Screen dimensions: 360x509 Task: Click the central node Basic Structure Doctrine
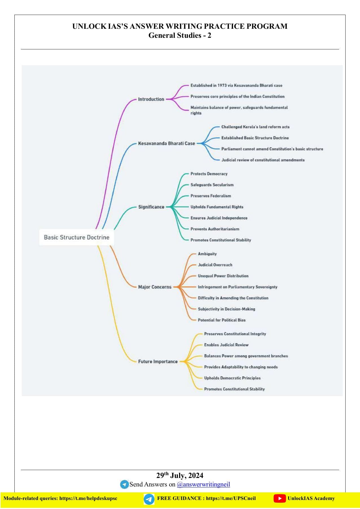pos(77,237)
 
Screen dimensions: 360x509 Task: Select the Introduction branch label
pos(151,99)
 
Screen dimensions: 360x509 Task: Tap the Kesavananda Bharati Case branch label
pos(167,143)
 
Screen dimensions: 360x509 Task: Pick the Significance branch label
pos(151,207)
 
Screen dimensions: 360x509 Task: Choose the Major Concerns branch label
pos(155,287)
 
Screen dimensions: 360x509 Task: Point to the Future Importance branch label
pos(158,361)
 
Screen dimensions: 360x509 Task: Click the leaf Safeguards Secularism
pos(212,185)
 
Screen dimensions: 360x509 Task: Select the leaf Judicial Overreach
pos(215,265)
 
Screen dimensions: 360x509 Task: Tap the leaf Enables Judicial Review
pos(226,345)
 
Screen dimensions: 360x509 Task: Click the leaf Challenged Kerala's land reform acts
pos(256,127)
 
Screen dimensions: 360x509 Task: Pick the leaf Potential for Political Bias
pos(222,320)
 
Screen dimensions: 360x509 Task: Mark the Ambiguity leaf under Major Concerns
pos(207,254)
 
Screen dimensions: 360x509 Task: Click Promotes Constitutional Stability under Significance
pos(221,240)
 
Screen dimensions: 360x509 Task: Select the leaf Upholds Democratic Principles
pos(232,378)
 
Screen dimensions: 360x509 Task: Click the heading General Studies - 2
pos(180,35)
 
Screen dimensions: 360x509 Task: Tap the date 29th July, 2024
pos(180,475)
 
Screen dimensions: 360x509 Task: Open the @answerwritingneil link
pos(203,484)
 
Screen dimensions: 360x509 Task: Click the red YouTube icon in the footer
pos(280,499)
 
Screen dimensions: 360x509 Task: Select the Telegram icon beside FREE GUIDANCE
pos(149,499)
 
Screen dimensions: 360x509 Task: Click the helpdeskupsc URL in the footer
pos(88,498)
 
